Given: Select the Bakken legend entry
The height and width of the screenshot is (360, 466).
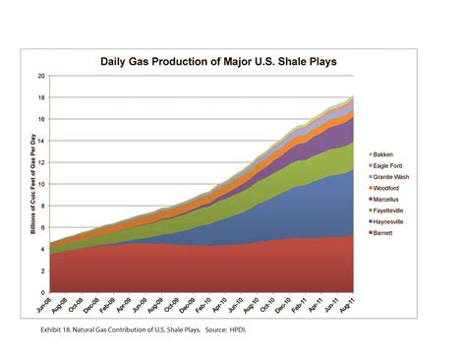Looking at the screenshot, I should point(386,154).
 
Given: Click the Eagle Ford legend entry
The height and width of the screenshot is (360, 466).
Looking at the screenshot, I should point(391,167).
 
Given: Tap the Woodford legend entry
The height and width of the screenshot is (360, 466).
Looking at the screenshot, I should point(389,193).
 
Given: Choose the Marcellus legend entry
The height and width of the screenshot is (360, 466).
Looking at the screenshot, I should point(389,206).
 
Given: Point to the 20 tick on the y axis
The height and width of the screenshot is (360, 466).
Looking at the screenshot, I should point(41,76).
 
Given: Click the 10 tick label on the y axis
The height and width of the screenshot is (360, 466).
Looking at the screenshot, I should point(41,184).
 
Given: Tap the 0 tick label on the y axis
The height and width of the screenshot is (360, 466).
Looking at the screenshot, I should point(43,292).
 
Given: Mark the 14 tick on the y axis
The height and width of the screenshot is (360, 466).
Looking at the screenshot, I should point(41,141).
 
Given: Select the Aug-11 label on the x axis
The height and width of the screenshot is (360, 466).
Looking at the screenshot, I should point(347,306).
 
